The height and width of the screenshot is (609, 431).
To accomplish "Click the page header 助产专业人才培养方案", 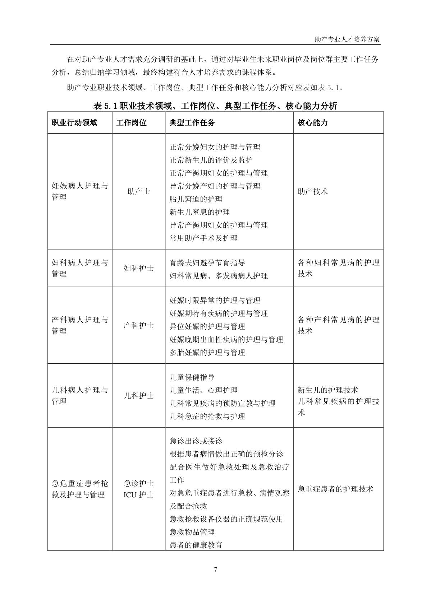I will click(347, 39).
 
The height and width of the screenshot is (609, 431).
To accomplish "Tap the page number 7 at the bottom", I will click(215, 570).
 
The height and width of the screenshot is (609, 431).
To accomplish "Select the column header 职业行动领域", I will click(74, 123).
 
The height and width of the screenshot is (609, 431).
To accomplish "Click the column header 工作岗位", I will click(131, 123).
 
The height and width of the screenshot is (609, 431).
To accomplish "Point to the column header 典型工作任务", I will click(192, 123).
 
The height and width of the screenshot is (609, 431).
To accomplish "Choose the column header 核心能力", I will click(313, 123).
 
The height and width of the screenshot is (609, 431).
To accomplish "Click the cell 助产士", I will click(138, 191).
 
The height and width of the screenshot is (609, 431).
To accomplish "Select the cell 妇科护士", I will click(138, 268).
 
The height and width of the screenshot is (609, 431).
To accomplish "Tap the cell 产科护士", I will click(138, 325).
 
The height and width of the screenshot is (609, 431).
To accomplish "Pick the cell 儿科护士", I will click(138, 396).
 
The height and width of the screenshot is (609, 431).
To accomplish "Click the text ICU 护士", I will click(138, 495).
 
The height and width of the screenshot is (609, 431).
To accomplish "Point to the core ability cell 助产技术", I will click(313, 191).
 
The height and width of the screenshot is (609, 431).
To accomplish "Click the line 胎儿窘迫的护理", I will click(196, 199).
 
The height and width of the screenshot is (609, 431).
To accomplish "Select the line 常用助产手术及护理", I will click(203, 238).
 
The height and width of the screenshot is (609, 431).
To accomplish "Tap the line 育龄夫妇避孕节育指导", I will click(207, 263).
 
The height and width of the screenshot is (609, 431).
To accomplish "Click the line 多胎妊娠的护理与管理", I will click(207, 353).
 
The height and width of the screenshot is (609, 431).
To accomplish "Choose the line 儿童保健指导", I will click(192, 377).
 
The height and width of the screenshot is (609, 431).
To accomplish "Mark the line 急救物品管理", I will click(192, 532).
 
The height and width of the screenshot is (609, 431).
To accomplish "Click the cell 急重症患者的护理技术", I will click(336, 489).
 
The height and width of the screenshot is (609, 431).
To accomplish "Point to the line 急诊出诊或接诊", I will click(196, 441).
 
